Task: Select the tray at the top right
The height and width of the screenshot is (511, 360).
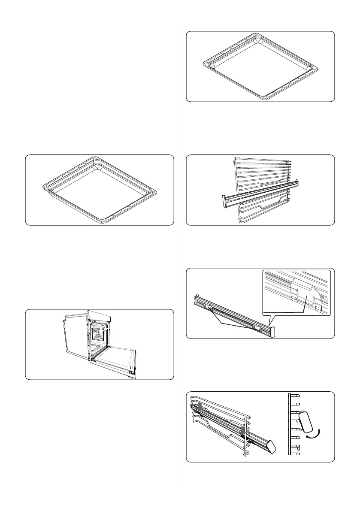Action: (x=261, y=67)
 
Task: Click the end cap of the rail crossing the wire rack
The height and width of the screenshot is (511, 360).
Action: (x=224, y=200)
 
